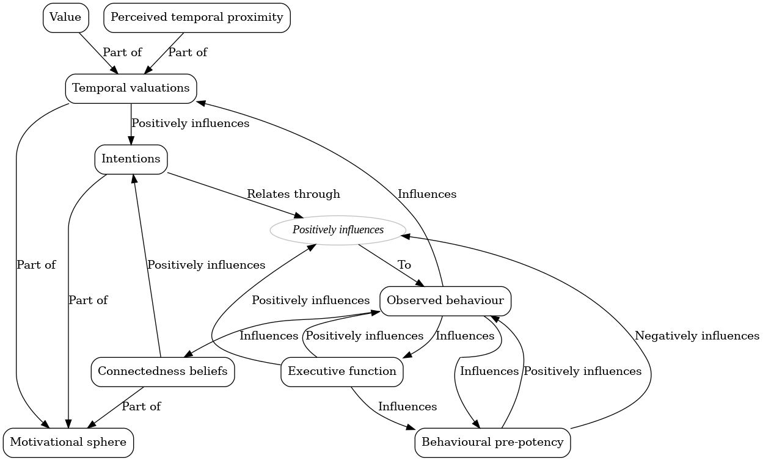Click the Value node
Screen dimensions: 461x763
[x=65, y=18]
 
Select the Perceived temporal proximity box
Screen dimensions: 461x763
[x=197, y=18]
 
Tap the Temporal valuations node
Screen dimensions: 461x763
[x=131, y=89]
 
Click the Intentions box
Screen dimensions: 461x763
[x=131, y=159]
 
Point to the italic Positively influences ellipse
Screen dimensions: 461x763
[x=338, y=230]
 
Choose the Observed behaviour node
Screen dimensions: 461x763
[x=445, y=300]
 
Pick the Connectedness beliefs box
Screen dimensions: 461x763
[x=162, y=371]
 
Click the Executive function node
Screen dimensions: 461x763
[x=341, y=371]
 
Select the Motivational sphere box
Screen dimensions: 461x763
[x=68, y=442]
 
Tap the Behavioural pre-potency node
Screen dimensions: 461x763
[x=492, y=442]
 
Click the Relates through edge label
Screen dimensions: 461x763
[x=293, y=194]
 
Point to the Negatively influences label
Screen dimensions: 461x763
[x=696, y=336]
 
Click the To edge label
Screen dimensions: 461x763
[x=404, y=265]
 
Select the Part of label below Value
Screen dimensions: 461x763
[x=122, y=53]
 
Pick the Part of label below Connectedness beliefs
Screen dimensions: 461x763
[x=141, y=407]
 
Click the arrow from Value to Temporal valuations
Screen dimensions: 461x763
[x=98, y=53]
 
